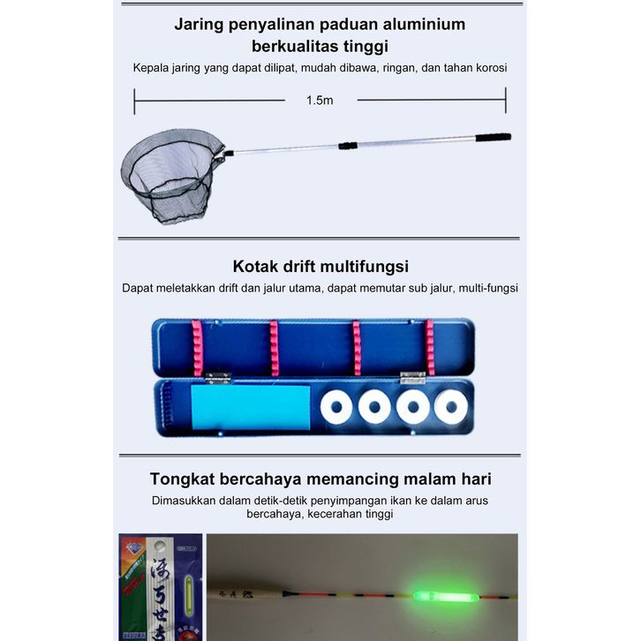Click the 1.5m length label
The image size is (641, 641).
pyautogui.click(x=320, y=100)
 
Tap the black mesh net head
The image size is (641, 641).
pyautogui.click(x=170, y=171)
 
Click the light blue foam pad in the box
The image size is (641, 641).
pyautogui.click(x=250, y=407)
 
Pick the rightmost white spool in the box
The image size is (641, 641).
pyautogui.click(x=450, y=407)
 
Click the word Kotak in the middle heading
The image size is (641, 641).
pyautogui.click(x=256, y=266)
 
